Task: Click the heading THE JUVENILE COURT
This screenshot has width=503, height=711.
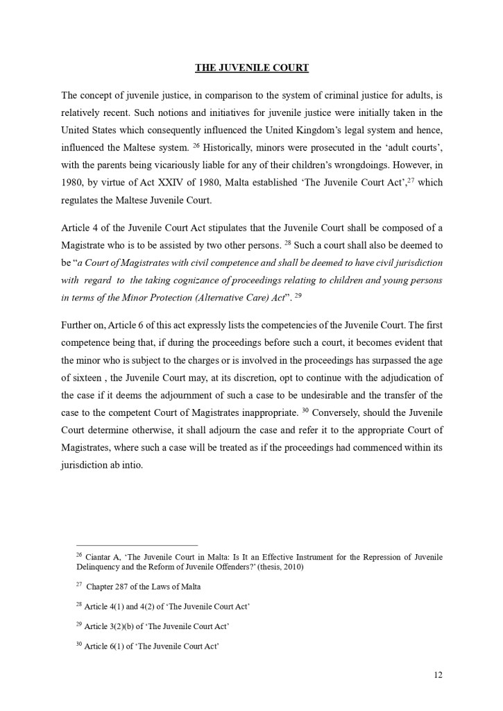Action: click(251, 68)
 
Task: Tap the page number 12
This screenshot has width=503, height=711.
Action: click(437, 674)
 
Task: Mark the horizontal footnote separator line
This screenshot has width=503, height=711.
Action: click(137, 545)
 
